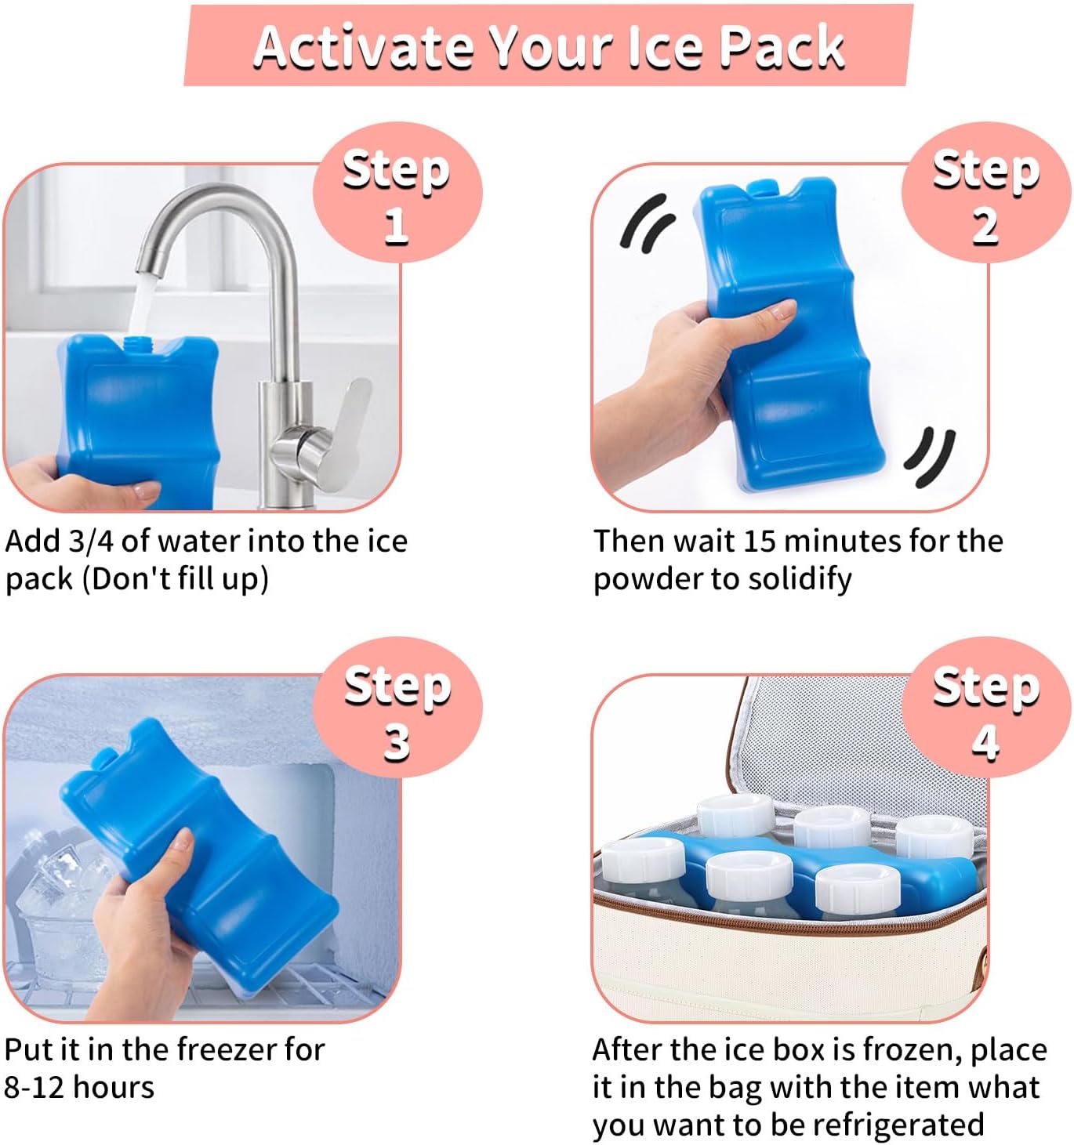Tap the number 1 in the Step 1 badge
396,226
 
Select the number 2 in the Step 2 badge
985,226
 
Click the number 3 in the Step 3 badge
397,741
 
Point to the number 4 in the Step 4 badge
985,741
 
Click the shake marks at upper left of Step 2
647,223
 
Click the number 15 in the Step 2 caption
760,542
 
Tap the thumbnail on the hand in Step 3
182,842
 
